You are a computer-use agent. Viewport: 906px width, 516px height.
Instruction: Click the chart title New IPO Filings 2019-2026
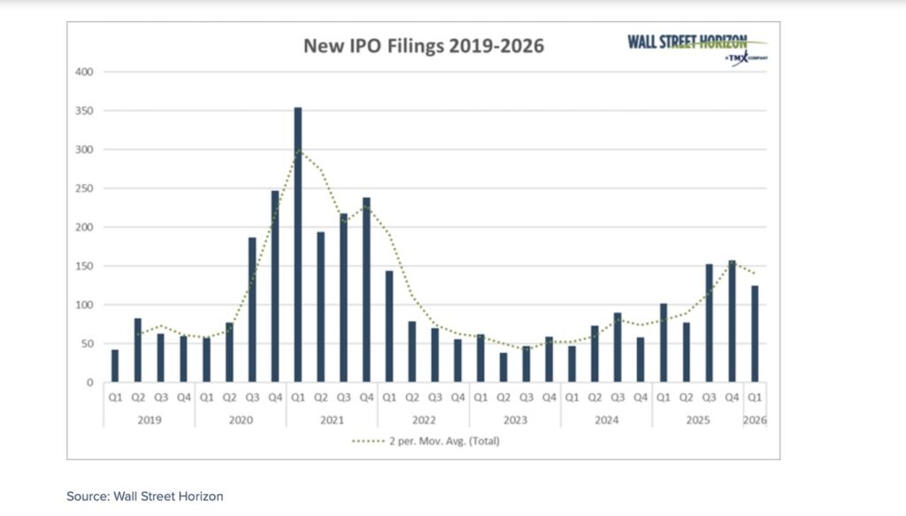[424, 46]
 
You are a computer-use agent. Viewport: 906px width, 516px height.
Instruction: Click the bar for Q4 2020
[274, 287]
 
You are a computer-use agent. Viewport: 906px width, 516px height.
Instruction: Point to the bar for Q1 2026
[755, 334]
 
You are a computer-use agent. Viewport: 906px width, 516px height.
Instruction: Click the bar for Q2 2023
[503, 367]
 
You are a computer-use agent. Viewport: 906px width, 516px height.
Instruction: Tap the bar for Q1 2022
[388, 327]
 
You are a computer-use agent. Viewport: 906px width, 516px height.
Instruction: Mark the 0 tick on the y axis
[89, 383]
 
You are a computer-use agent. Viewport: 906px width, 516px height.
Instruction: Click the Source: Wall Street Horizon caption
[144, 497]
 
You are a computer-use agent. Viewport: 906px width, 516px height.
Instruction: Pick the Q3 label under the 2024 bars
[618, 399]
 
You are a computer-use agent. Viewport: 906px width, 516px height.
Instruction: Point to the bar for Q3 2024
[618, 348]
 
